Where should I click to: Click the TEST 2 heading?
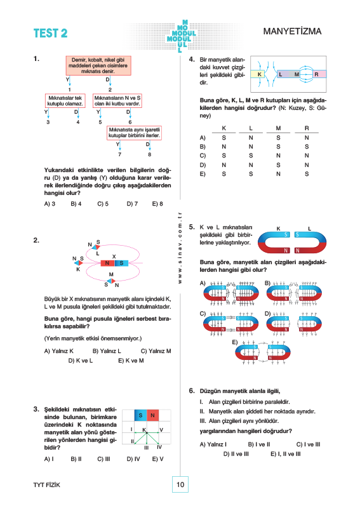coord(50,34)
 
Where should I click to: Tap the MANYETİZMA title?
coord(292,31)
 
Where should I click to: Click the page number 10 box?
coord(180,484)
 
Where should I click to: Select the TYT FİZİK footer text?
coord(47,485)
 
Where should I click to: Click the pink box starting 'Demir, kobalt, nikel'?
coord(98,65)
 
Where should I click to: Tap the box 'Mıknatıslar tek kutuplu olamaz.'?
coord(65,101)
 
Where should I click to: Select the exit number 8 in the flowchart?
coord(150,154)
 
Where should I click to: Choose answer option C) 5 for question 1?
coord(103,204)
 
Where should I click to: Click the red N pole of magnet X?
coord(107,263)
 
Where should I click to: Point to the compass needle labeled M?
coord(112,281)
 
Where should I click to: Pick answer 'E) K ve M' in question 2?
coord(131,361)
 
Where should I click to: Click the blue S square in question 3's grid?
coord(141,415)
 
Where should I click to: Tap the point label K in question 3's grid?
coord(144,430)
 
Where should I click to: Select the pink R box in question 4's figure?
coord(319,74)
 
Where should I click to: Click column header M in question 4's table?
coord(278,128)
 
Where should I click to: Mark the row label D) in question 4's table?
coord(203,165)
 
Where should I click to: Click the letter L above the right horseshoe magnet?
coord(309,229)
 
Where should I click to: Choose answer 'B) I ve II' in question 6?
coord(259,444)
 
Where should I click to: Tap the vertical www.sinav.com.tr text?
coord(180,248)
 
